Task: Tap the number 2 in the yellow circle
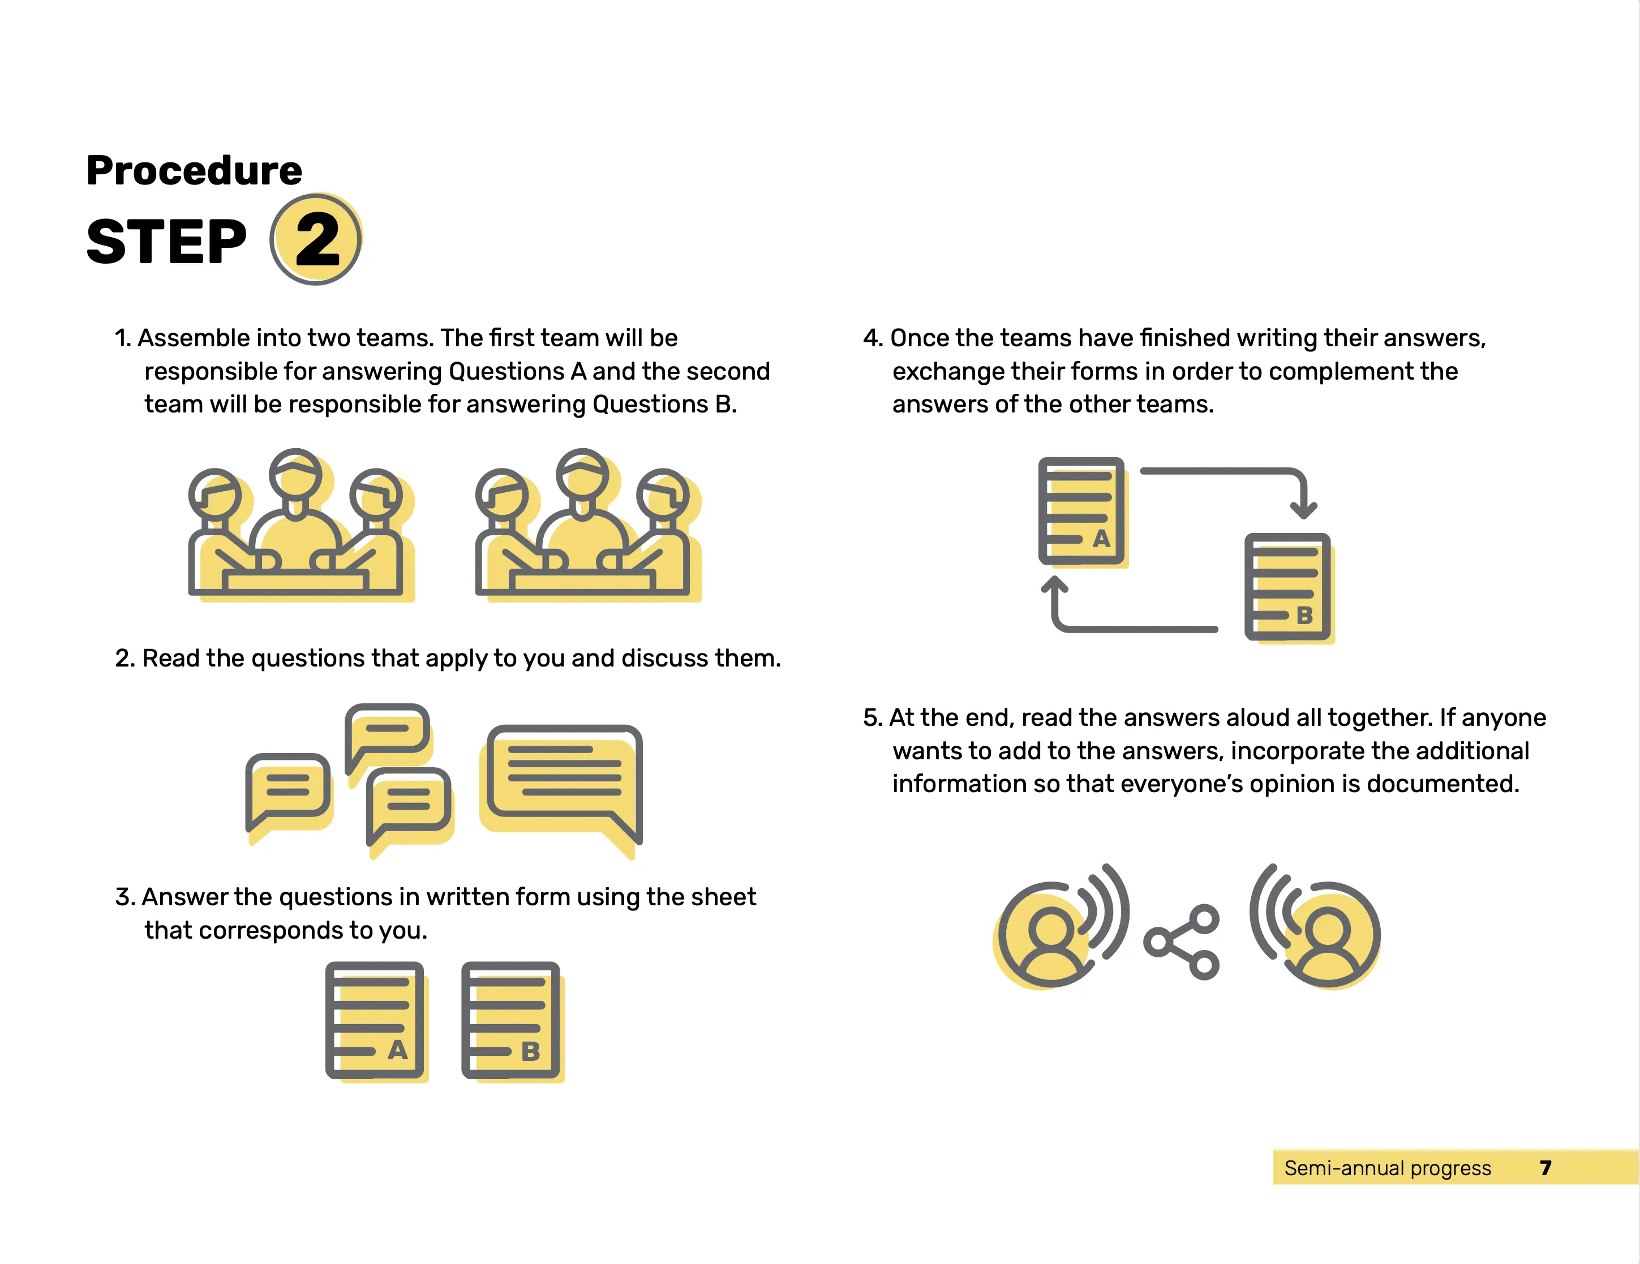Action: pyautogui.click(x=317, y=239)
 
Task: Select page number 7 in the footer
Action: pyautogui.click(x=1545, y=1168)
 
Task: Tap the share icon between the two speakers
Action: pyautogui.click(x=1181, y=942)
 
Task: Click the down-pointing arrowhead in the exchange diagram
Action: pyautogui.click(x=1304, y=510)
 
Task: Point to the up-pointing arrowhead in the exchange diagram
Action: pyautogui.click(x=1055, y=584)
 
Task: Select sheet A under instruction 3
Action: pyautogui.click(x=375, y=1020)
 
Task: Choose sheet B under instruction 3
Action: pyautogui.click(x=512, y=1020)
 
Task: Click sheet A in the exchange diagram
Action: pyautogui.click(x=1083, y=512)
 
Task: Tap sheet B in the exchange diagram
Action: pyautogui.click(x=1289, y=588)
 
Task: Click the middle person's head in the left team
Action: pyautogui.click(x=296, y=475)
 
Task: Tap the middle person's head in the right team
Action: pyautogui.click(x=583, y=475)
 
